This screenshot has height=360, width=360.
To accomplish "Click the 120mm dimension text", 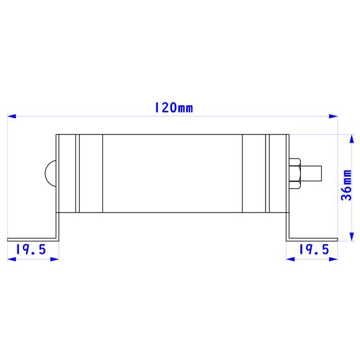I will [173, 107].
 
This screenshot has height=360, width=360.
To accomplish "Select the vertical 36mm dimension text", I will [346, 186].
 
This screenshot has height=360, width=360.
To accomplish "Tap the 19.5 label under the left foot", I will [30, 249].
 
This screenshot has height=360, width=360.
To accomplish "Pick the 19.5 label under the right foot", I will [313, 249].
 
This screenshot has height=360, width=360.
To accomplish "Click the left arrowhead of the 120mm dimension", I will [12, 116].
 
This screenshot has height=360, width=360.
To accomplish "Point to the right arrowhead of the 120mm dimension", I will [333, 116].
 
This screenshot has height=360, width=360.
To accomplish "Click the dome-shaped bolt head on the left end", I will [51, 172].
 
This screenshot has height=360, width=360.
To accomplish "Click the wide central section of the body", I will [172, 173].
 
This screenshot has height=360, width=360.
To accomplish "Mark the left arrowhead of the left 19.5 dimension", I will [12, 259].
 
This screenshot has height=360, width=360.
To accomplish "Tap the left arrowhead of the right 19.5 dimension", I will [291, 259].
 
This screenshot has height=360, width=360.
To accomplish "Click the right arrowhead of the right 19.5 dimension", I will [333, 259].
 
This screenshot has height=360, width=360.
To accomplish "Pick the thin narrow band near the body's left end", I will [78, 173].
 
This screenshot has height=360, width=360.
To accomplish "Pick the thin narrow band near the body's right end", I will [268, 173].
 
